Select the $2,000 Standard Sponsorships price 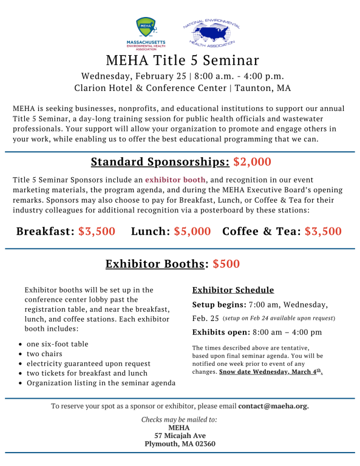click(252, 162)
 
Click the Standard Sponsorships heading click(160, 162)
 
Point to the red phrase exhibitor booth click(175, 180)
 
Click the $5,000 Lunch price click(192, 231)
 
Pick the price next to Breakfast click(97, 231)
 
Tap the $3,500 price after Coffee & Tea click(323, 231)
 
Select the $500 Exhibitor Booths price click(225, 264)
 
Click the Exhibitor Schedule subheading click(233, 290)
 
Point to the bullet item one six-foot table click(58, 344)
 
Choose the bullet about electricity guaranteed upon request click(88, 363)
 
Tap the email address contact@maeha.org click(273, 406)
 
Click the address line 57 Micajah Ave click(179, 436)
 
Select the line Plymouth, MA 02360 click(179, 444)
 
